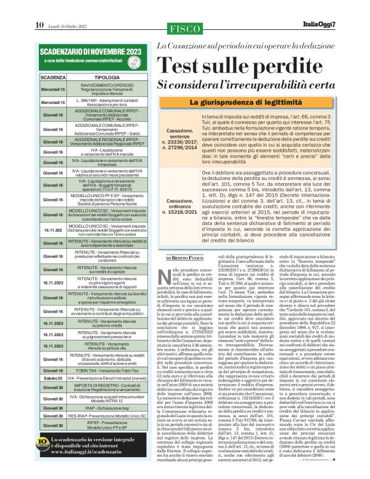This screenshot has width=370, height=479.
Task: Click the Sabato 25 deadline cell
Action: point(52,378)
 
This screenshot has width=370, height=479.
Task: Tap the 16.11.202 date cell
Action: point(52,231)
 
